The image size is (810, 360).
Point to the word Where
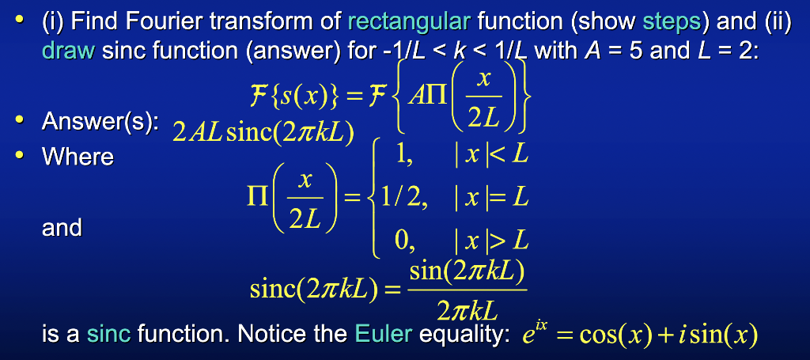[x=78, y=157]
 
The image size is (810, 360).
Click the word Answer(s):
[x=100, y=123]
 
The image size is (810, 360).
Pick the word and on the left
[x=62, y=228]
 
